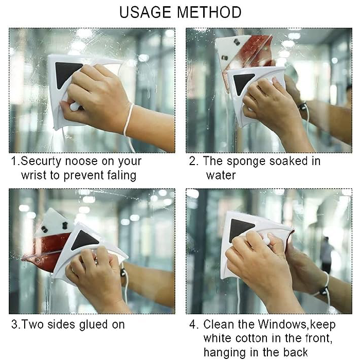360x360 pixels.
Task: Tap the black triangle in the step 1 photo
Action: (67, 73)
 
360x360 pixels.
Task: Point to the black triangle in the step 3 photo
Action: (85, 239)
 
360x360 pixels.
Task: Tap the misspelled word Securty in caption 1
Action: (42, 161)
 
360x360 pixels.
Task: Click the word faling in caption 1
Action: (121, 175)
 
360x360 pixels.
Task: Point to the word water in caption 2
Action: (221, 175)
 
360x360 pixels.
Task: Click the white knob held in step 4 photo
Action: (267, 240)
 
